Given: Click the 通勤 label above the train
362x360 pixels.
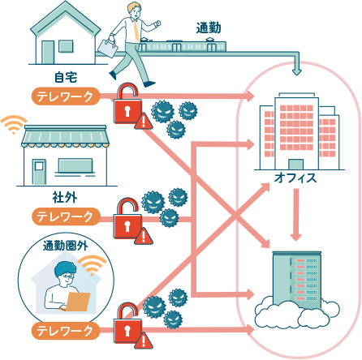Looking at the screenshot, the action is point(209,28).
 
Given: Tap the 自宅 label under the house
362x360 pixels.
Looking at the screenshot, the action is point(66,77).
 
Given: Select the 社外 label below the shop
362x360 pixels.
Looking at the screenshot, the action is point(65,197).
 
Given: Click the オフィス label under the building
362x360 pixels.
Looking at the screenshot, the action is point(295,178).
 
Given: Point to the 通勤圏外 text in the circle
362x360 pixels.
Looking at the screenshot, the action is point(66,246).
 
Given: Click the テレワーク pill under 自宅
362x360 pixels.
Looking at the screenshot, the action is point(66,96).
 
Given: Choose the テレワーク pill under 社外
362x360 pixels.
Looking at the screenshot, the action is point(66,216).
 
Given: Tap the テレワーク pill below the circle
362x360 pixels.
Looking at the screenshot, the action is point(66,331).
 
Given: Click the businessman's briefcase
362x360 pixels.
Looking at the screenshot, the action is point(108,49).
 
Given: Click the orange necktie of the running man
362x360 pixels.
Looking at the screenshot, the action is point(136,30).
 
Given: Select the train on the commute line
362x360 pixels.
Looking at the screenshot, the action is point(182,45).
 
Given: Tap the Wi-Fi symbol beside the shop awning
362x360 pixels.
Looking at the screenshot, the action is point(14,125).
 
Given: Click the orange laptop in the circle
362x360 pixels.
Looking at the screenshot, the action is point(78,302).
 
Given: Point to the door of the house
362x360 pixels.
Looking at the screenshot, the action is point(48,52).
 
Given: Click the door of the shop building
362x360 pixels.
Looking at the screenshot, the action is point(39,172).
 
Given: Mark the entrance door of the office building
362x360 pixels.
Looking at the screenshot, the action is point(295,164).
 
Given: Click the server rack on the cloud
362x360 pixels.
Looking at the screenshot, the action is point(297,281).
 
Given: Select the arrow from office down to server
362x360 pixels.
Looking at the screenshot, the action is point(296,215).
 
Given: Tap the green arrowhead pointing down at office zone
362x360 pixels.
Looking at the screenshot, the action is point(297,72).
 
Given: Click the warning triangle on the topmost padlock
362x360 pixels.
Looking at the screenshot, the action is point(144,122).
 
